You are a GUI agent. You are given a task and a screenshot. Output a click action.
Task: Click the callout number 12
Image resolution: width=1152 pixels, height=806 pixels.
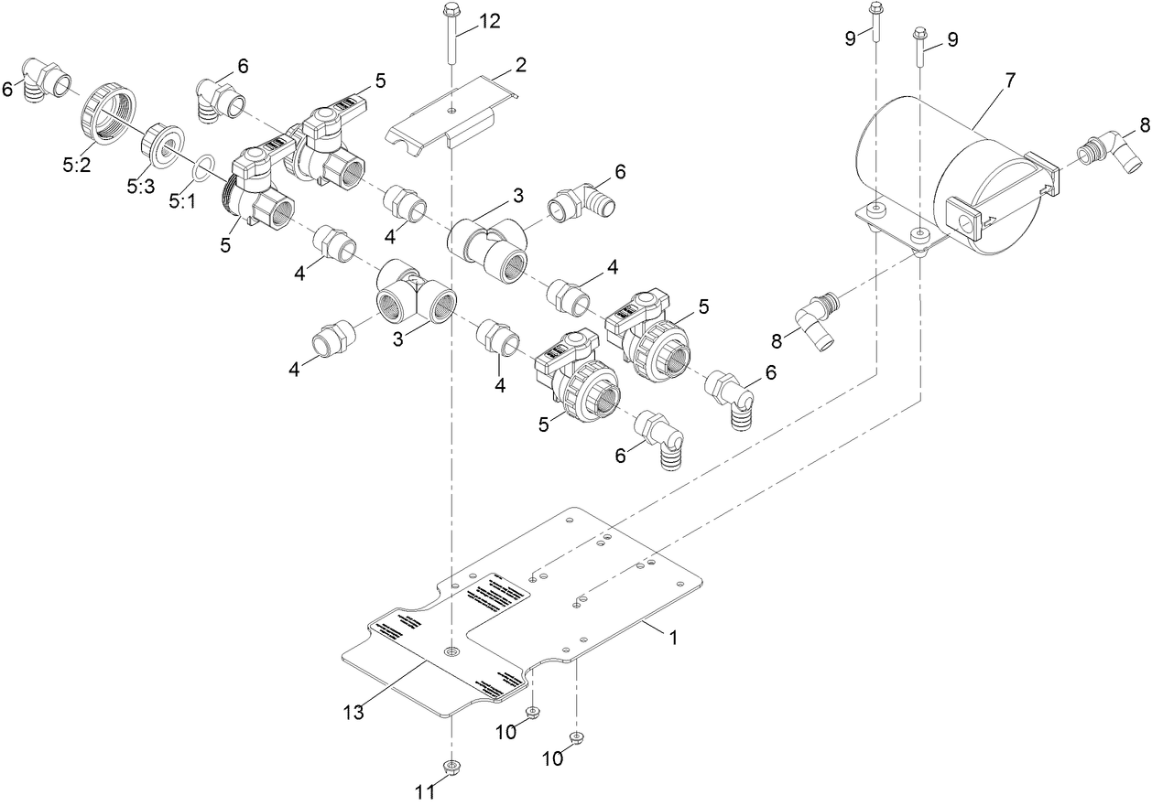coord(490,22)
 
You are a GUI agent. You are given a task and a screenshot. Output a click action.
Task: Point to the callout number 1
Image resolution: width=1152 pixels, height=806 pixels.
coord(673,639)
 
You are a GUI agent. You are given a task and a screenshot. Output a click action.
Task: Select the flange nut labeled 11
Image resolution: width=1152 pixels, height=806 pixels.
coord(451,767)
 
